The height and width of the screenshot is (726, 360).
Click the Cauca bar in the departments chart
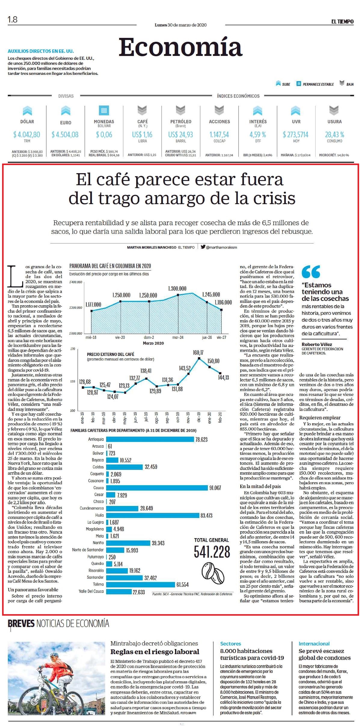click(x=157, y=488)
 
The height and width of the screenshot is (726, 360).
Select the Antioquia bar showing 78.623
click(x=150, y=439)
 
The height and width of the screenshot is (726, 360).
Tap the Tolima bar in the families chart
click(x=140, y=584)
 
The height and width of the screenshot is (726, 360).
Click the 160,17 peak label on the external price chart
click(x=198, y=353)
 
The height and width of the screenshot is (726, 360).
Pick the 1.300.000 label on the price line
click(x=177, y=289)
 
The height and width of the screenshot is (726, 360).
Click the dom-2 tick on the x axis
click(x=149, y=337)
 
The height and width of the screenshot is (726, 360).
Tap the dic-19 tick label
click(x=198, y=417)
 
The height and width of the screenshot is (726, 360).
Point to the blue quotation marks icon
click(x=311, y=271)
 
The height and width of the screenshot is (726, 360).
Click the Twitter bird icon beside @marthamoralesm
click(x=203, y=247)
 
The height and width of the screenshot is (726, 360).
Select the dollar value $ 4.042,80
click(x=26, y=134)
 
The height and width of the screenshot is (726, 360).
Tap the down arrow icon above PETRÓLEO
click(x=180, y=110)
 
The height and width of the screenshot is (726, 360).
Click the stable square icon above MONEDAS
click(x=104, y=110)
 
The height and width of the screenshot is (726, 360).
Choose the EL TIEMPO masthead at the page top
click(x=342, y=21)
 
